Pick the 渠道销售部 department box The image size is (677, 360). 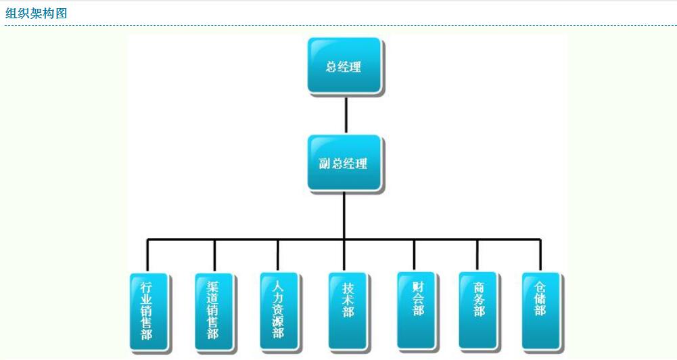coord(213,311)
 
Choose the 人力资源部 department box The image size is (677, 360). coord(278,311)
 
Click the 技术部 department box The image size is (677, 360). coord(348,311)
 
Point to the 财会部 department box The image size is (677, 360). coord(415,310)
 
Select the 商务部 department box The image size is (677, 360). coord(478,310)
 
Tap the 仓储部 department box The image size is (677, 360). coord(540,310)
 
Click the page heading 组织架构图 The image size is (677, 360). coord(37,13)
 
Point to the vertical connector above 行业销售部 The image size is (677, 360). coord(147,256)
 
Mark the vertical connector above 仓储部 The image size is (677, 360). coord(540,255)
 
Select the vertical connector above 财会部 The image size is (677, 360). coord(414,255)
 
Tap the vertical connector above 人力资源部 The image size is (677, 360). coord(278,255)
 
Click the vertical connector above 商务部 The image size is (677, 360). coord(477,255)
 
